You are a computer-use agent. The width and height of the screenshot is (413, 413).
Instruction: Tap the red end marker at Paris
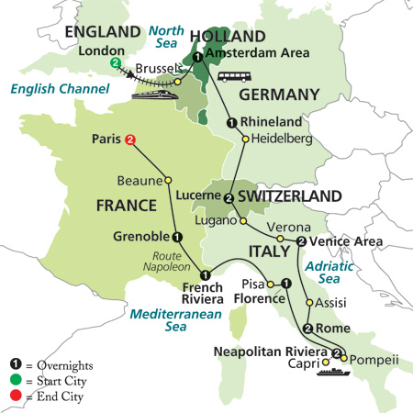point(130,140)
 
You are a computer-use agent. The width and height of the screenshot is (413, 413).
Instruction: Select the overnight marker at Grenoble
point(177,235)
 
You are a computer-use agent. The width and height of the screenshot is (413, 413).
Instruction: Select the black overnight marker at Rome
point(308,329)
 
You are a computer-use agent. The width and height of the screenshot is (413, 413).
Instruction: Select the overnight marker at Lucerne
point(227,197)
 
